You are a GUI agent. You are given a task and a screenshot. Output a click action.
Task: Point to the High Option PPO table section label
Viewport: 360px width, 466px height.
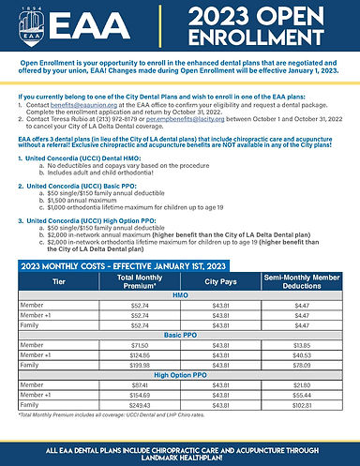179,375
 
